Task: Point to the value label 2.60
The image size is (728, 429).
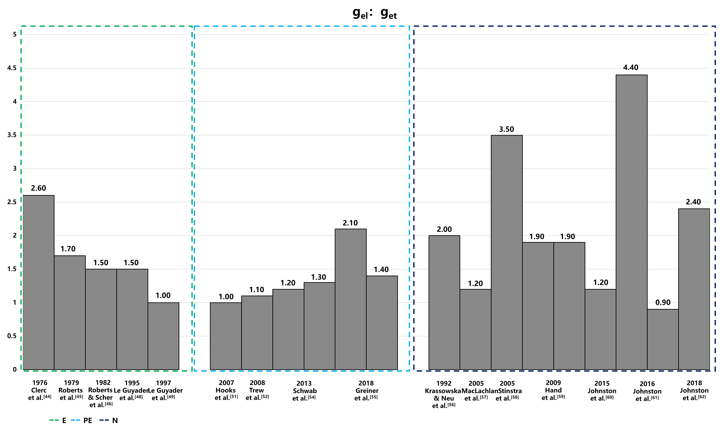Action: click(x=38, y=188)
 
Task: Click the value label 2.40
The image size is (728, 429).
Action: click(x=693, y=202)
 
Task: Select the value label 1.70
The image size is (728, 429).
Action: click(x=68, y=249)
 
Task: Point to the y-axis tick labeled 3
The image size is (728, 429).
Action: click(x=14, y=168)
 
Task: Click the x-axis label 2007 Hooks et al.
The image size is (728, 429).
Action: click(x=226, y=390)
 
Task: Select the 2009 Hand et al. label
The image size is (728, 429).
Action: click(x=553, y=390)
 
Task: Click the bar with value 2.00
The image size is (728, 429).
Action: click(x=444, y=302)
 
